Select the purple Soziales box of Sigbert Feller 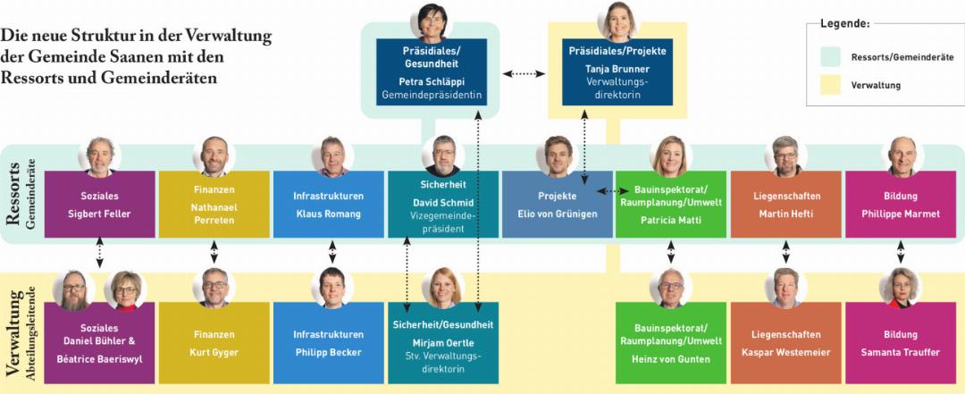[99, 205]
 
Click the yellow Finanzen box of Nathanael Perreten [214, 205]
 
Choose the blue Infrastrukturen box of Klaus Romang [328, 205]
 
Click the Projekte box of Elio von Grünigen [557, 205]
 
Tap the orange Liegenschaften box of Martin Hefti [785, 205]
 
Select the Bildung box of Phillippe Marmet [900, 205]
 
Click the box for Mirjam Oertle [442, 343]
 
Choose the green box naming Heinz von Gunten [671, 343]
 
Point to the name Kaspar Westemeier [785, 352]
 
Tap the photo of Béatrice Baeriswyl [124, 290]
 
